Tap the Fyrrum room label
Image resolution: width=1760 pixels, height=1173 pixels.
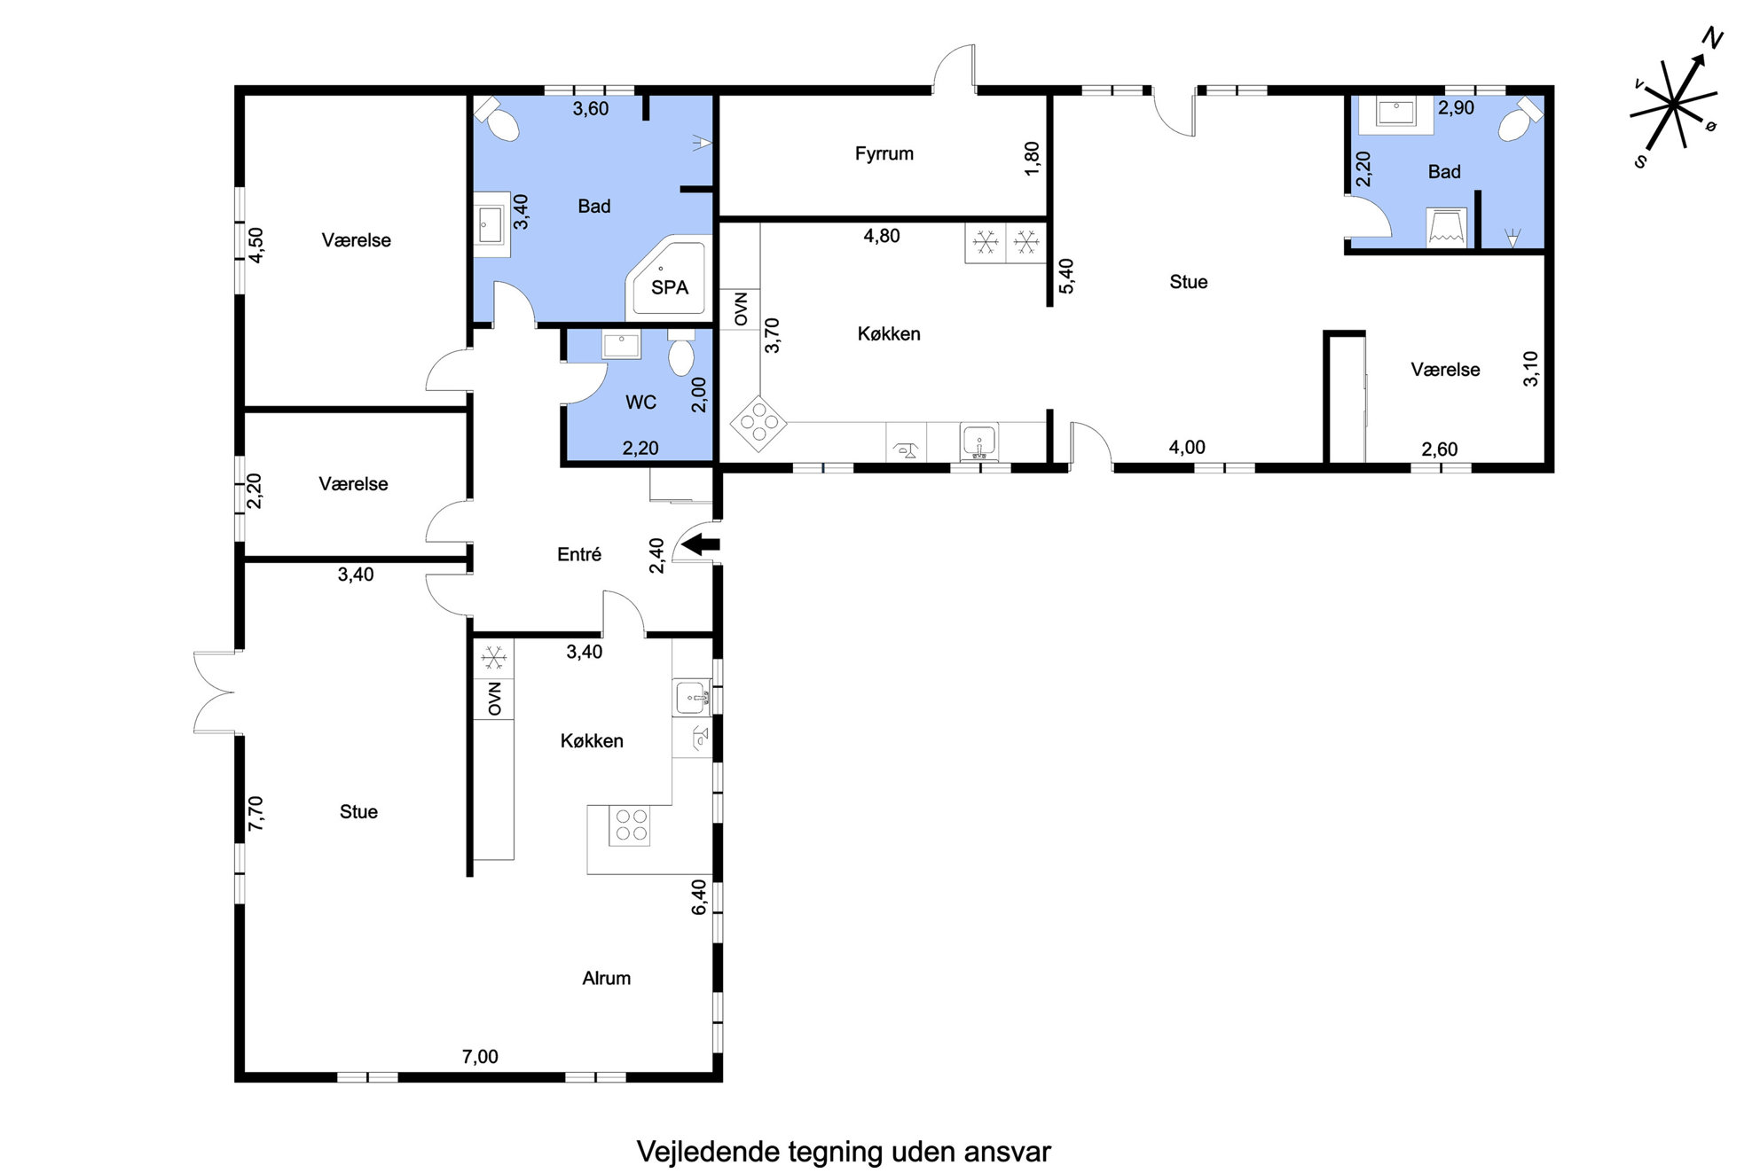pyautogui.click(x=884, y=153)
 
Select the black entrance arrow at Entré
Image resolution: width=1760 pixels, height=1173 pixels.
pyautogui.click(x=701, y=543)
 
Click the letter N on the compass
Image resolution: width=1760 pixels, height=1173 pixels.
pyautogui.click(x=1712, y=39)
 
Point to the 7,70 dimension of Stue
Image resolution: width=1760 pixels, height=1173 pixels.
pyautogui.click(x=255, y=813)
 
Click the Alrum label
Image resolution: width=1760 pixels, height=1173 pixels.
pyautogui.click(x=606, y=978)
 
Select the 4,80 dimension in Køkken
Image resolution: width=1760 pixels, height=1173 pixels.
pyautogui.click(x=882, y=236)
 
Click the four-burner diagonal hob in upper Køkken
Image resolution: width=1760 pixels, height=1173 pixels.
pyautogui.click(x=758, y=423)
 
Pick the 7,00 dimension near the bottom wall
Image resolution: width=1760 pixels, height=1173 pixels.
pyautogui.click(x=480, y=1056)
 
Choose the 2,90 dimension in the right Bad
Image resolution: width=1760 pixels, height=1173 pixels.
pyautogui.click(x=1456, y=108)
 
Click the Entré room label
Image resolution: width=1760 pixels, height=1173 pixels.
pyautogui.click(x=578, y=554)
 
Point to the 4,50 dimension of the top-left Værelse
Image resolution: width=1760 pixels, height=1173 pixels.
pyautogui.click(x=255, y=245)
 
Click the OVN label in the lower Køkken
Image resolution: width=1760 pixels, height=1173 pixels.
pyautogui.click(x=494, y=699)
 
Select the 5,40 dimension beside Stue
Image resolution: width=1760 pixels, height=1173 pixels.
pyautogui.click(x=1066, y=276)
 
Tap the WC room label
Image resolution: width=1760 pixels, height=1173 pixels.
pyautogui.click(x=640, y=403)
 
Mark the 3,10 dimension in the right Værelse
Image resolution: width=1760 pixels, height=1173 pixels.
pyautogui.click(x=1531, y=369)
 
